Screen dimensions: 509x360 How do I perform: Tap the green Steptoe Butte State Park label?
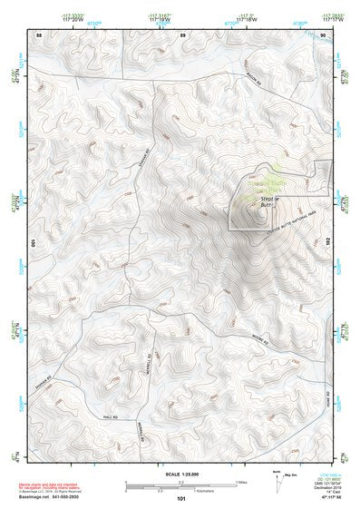coord(263,189)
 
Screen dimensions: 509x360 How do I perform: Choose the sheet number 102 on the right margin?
coord(330,243)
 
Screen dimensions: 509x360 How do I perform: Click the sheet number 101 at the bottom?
coord(181,498)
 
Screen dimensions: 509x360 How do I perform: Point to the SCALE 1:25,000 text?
coord(181,475)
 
